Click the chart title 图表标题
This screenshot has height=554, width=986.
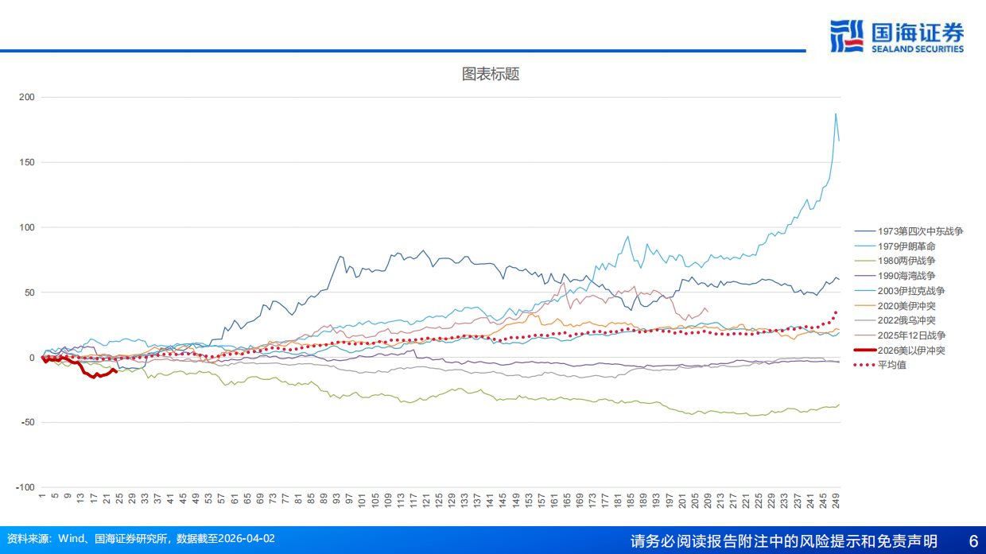click(491, 74)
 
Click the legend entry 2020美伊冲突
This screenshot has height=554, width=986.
click(906, 306)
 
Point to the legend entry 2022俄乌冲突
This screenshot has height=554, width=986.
click(906, 320)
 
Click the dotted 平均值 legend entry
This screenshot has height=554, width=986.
click(891, 365)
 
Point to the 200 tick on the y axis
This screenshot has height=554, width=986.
click(26, 97)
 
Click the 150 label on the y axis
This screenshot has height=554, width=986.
click(26, 162)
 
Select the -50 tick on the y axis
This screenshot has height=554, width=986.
click(26, 422)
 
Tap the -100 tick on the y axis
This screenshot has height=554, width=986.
click(25, 487)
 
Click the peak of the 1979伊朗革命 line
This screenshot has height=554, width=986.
click(836, 114)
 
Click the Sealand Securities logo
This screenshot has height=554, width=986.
click(896, 37)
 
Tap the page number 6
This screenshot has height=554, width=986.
click(972, 540)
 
